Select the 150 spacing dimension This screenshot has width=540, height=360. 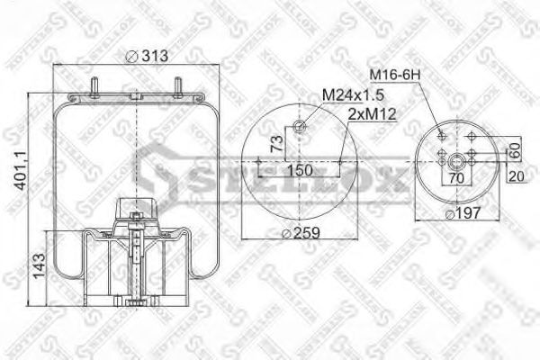click(300, 170)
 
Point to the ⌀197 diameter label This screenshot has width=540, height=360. click(463, 213)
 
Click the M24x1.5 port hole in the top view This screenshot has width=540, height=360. click(299, 126)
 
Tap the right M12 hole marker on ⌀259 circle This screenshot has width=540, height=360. click(339, 163)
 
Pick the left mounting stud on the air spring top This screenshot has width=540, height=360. click(94, 88)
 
